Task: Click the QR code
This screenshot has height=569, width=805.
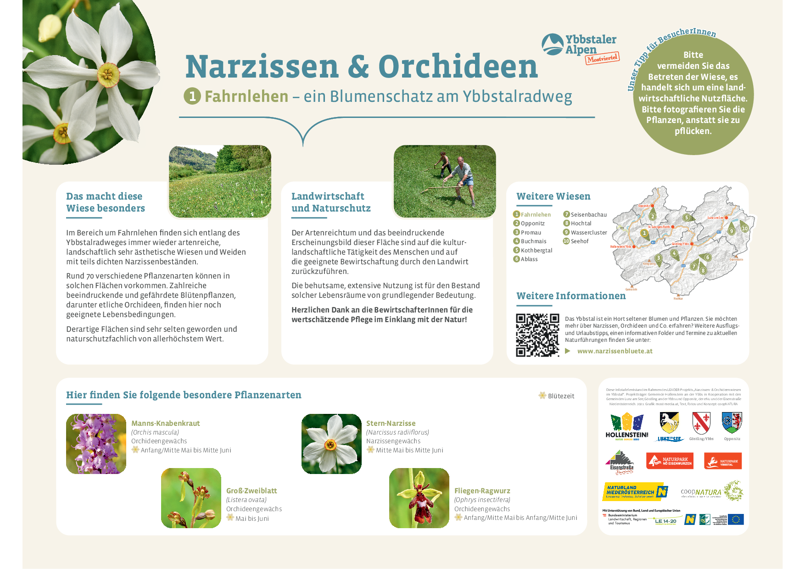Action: coord(537,335)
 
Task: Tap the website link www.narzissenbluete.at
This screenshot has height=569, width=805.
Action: coord(615,351)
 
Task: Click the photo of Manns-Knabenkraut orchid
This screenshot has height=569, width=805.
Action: coord(96,444)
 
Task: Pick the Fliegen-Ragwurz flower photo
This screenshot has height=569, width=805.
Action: coord(419,498)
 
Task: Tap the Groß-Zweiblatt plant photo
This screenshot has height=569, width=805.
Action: coord(191,498)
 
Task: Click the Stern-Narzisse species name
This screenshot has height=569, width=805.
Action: coord(391,423)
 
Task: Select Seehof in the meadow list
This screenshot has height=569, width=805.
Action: coord(580,241)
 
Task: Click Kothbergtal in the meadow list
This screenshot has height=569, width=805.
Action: coord(536,250)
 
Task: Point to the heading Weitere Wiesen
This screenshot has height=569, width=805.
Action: coord(553,196)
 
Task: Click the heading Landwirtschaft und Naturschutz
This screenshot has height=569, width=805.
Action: coord(331,202)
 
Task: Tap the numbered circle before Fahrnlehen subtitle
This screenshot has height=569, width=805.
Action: coord(192,96)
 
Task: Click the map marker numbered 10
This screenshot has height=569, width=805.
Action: coord(744,228)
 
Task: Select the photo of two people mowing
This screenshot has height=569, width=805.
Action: coord(444,181)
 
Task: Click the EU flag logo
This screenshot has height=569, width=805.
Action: coord(736,519)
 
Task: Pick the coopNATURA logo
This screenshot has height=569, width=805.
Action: coord(711,491)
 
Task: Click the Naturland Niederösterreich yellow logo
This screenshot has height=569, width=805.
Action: coord(635,491)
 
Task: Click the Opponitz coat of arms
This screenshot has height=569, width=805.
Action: coord(732,423)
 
